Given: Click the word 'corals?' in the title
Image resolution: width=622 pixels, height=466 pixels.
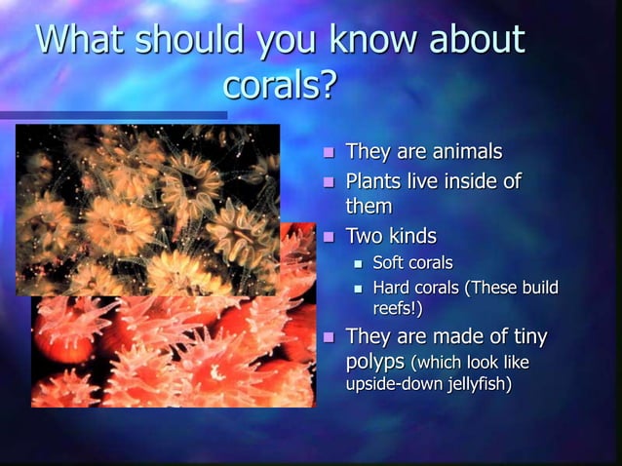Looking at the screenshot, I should pos(280,86).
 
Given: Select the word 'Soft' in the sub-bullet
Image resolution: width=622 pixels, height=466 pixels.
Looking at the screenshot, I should pos(389,262).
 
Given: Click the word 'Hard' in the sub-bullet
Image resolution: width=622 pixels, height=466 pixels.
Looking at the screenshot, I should pos(392,288).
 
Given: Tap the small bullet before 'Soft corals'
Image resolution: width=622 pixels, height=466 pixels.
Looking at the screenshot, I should pos(358,263).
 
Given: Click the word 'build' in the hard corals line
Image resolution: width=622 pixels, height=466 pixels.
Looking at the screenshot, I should pos(538,288).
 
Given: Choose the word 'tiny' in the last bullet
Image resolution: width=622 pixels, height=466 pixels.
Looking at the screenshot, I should pos(527,337).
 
